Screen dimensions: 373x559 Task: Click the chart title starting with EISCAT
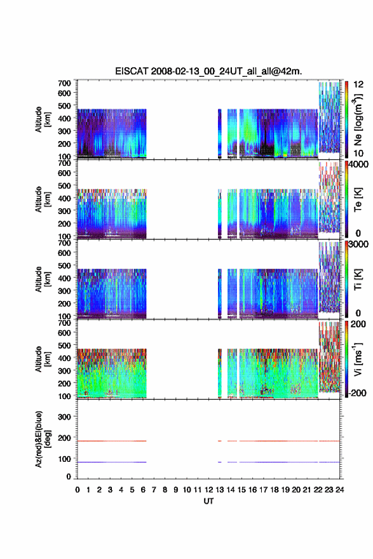point(208,71)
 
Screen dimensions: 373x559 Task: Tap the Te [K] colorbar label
point(358,199)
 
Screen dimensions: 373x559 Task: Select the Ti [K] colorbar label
point(358,279)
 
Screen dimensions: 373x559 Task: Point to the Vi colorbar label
point(358,359)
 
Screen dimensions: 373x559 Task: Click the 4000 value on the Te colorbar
point(359,165)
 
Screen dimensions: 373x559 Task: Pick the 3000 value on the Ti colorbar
point(359,244)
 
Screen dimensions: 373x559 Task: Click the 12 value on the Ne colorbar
point(359,84)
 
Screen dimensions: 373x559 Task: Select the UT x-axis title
point(208,501)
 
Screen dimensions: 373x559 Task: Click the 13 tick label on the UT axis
point(220,490)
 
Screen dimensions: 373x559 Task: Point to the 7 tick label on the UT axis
point(154,490)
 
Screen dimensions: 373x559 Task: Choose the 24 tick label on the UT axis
point(340,490)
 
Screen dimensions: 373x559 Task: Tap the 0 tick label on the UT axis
point(78,490)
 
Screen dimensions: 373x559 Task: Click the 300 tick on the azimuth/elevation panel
point(64,417)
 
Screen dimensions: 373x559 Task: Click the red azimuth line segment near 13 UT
point(220,441)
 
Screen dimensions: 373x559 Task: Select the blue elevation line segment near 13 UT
point(220,462)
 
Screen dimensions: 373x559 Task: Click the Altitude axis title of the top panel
point(43,120)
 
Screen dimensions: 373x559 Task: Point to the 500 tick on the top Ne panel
point(64,106)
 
